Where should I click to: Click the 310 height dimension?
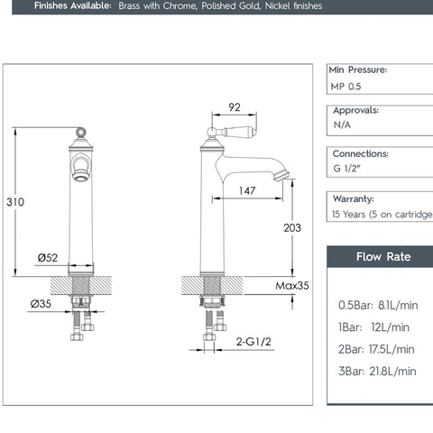tap(15, 202)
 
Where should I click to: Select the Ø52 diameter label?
tap(49, 258)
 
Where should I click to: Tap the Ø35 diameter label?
tap(41, 304)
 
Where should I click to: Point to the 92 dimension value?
tap(235, 107)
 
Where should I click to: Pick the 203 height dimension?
tap(291, 228)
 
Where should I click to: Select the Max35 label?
tap(292, 286)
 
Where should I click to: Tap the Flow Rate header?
tap(383, 256)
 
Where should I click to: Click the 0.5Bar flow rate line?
tap(378, 305)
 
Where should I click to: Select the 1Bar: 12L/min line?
tap(373, 327)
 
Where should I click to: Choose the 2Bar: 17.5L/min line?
tap(376, 349)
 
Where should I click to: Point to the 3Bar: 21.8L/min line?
tap(377, 371)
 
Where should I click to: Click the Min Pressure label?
tap(358, 69)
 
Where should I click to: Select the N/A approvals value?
tap(342, 125)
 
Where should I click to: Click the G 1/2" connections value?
tap(348, 170)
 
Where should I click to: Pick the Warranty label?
tap(353, 198)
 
